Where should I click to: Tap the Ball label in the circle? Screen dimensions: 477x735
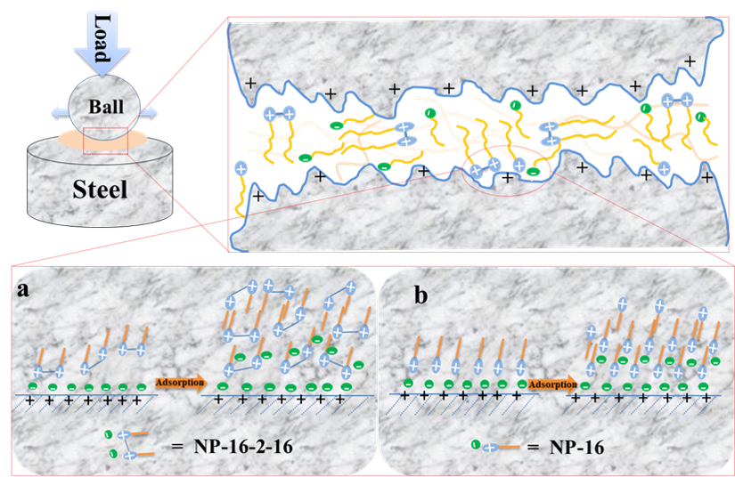[105, 104]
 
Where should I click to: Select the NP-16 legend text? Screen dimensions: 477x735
[578, 447]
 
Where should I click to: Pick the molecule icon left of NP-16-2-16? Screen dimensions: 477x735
[127, 444]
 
